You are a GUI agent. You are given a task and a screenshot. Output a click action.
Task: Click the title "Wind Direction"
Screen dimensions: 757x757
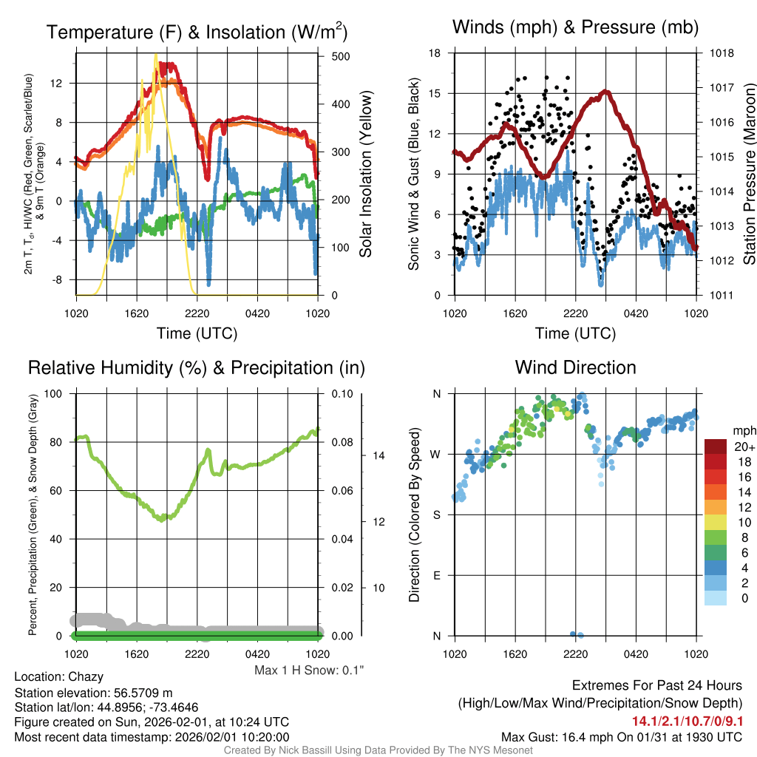point(575,367)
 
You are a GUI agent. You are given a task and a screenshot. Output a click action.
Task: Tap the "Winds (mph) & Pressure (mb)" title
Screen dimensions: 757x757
point(575,27)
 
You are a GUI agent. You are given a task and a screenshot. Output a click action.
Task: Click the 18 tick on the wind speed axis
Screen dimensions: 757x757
point(435,53)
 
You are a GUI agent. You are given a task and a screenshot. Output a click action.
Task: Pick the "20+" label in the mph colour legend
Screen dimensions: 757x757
point(744,447)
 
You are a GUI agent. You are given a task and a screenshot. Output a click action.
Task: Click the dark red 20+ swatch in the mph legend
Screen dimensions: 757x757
point(716,447)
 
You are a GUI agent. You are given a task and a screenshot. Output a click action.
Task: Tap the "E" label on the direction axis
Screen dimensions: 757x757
point(436,575)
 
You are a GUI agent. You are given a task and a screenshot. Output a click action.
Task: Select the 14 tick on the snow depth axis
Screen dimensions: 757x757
point(378,455)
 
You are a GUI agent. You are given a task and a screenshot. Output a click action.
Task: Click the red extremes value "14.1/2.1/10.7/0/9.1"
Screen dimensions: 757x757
point(687,721)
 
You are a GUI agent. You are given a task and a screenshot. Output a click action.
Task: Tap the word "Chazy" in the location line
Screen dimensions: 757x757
point(86,676)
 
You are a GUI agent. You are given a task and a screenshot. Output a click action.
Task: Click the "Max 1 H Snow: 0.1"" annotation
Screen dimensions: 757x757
point(309,671)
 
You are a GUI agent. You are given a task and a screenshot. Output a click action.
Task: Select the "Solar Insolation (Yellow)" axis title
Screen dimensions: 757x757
point(365,174)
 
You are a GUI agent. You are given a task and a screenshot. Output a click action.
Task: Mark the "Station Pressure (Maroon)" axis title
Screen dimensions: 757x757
point(748,174)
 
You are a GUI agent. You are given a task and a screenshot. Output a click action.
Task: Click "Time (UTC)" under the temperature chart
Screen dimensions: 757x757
point(197,333)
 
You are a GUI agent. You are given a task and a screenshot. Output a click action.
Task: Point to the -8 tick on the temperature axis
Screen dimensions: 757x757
point(59,280)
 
